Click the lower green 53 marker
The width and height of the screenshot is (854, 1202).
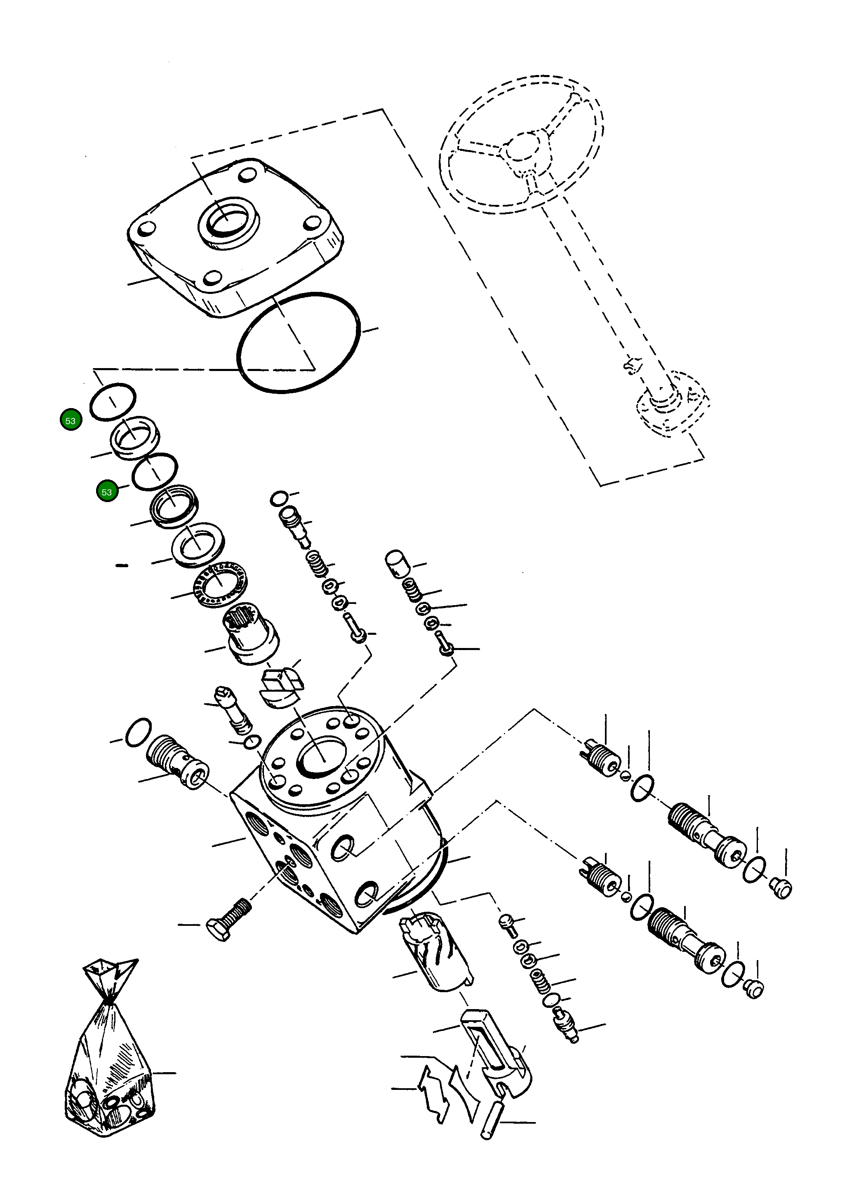tap(107, 492)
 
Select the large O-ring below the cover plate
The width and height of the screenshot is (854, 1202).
tap(298, 343)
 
